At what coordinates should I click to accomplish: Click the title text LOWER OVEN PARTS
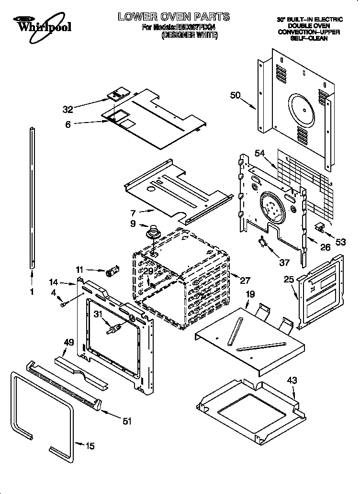174,17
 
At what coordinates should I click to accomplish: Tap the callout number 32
67,109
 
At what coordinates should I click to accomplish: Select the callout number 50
235,95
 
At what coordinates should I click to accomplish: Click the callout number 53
340,242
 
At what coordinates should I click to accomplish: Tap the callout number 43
292,381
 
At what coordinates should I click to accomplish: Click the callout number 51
127,421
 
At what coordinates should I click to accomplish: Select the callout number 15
90,446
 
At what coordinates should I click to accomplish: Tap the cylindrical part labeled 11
113,273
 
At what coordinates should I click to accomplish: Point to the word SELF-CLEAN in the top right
309,38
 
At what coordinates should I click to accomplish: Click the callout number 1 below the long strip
32,291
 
